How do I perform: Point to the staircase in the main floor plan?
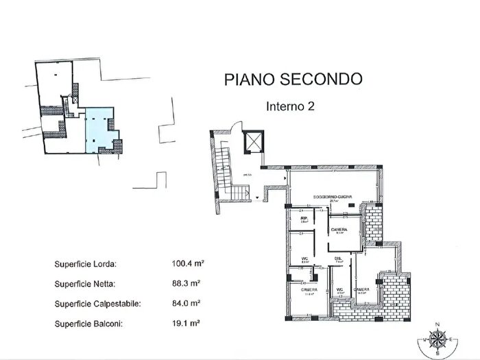pyautogui.click(x=224, y=171)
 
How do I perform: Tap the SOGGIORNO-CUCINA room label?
pyautogui.click(x=333, y=197)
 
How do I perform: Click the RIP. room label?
pyautogui.click(x=303, y=219)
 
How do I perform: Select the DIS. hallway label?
pyautogui.click(x=338, y=259)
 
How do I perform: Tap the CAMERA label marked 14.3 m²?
pyautogui.click(x=362, y=290)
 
